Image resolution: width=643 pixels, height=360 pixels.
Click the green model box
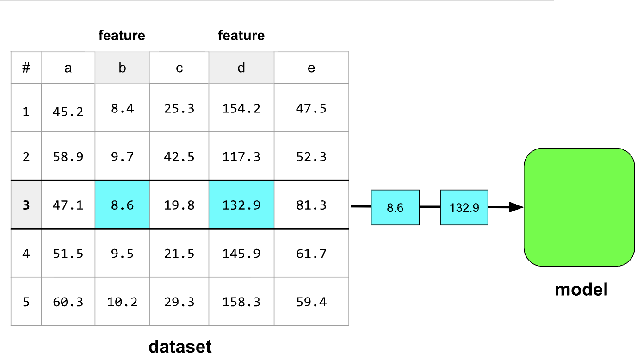point(579,207)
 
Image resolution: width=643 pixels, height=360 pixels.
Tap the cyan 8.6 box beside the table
point(395,207)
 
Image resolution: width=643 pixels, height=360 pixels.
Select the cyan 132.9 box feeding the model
point(464,207)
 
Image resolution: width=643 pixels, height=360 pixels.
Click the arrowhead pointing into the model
point(516,207)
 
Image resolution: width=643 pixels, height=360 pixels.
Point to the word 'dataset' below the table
point(180,347)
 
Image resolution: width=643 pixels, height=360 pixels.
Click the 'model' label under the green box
point(581,289)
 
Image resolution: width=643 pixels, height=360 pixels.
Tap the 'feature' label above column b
point(122,36)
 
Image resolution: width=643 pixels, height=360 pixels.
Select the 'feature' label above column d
point(241,36)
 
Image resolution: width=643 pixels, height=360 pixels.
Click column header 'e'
point(311,68)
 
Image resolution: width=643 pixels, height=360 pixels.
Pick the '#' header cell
point(26,68)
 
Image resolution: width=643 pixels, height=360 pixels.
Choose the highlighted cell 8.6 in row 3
point(122,205)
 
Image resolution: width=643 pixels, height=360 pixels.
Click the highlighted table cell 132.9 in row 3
point(241,205)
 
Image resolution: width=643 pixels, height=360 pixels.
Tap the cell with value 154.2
point(241,108)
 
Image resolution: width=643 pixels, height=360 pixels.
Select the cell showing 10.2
point(122,301)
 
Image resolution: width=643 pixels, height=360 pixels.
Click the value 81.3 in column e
point(311,205)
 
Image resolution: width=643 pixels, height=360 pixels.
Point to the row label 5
point(26,302)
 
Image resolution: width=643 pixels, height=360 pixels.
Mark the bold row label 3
point(26,205)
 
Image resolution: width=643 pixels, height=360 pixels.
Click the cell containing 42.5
point(179,156)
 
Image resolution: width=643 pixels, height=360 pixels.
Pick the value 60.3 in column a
point(68,302)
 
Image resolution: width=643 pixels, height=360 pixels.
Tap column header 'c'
point(179,68)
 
